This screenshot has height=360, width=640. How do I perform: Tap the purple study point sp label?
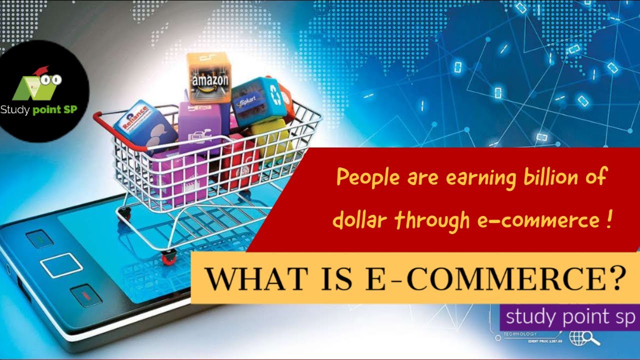569,317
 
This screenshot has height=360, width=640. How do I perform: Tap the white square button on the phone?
61,265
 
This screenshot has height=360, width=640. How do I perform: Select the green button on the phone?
39,239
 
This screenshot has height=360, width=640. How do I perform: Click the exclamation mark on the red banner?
607,220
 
